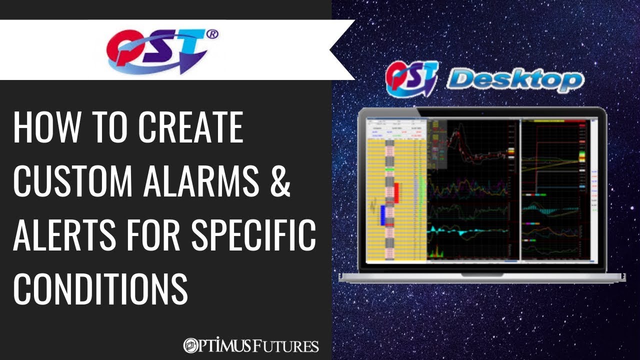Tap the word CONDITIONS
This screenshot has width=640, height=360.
pyautogui.click(x=100, y=290)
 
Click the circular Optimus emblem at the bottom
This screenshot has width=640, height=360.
pyautogui.click(x=190, y=345)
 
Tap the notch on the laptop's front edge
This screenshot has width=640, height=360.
pyautogui.click(x=482, y=274)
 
